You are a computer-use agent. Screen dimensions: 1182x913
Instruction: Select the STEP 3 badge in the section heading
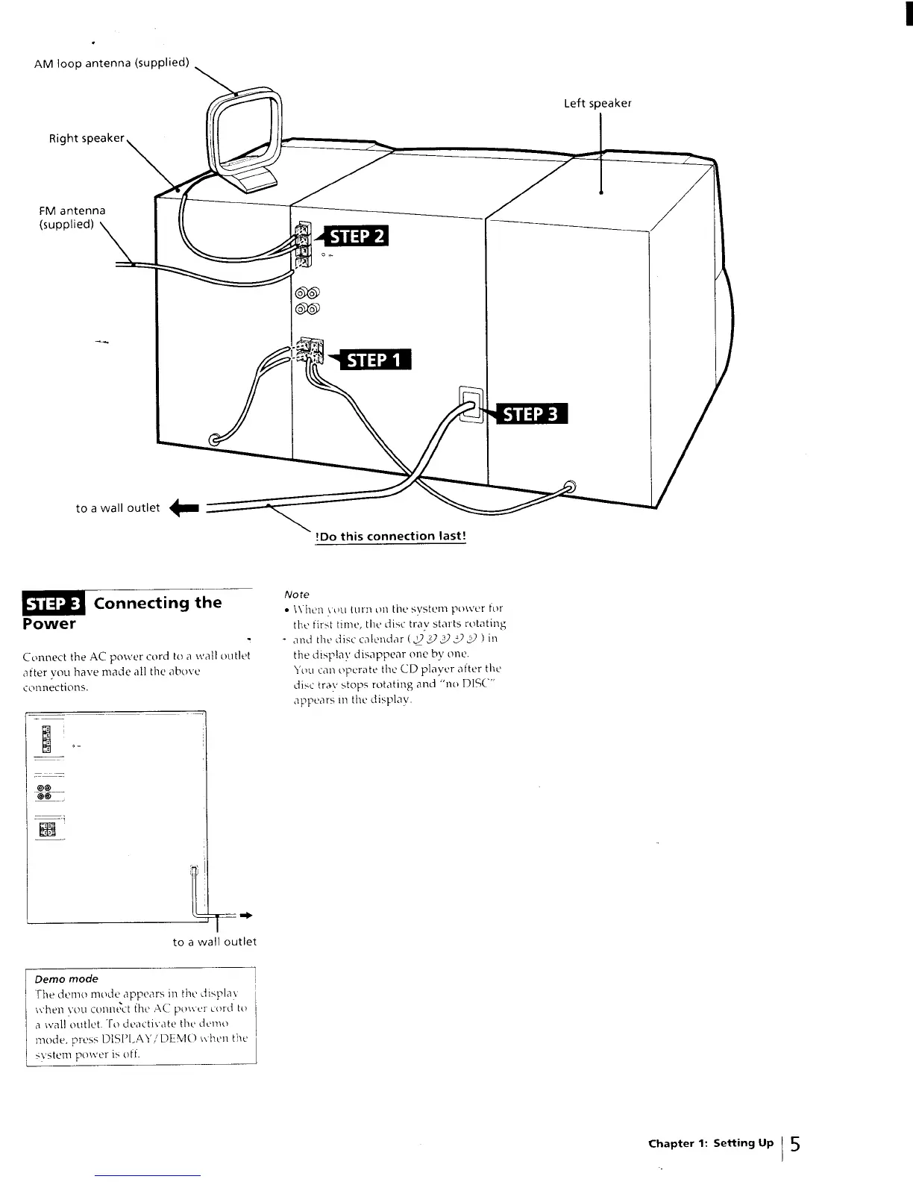55,604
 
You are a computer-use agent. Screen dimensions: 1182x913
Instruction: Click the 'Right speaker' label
87,138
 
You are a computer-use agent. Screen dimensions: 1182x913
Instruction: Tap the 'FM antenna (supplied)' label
72,217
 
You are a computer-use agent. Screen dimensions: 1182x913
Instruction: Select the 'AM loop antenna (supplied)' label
112,63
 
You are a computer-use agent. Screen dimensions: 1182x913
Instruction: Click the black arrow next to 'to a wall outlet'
184,509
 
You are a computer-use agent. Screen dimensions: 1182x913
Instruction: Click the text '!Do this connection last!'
391,536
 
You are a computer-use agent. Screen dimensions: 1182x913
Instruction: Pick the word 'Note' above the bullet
297,595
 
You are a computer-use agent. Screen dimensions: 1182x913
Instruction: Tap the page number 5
796,1144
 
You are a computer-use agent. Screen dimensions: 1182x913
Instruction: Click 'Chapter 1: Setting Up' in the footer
711,1143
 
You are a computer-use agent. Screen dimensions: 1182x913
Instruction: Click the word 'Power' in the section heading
49,623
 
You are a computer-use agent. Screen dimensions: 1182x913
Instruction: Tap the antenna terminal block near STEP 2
302,244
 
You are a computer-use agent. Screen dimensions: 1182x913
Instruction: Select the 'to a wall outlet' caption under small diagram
214,942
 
